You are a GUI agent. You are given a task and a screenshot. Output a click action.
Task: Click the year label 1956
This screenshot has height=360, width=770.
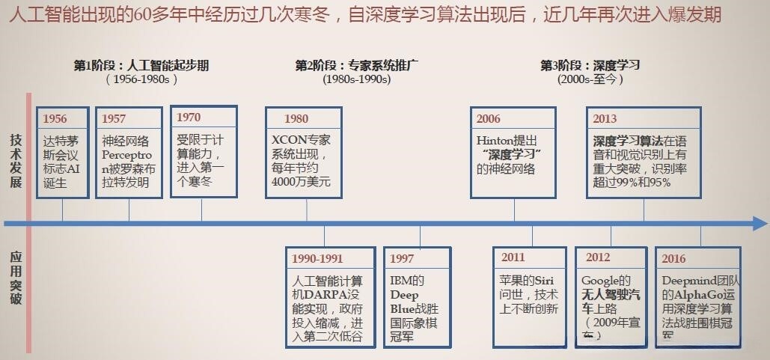[x=55, y=119]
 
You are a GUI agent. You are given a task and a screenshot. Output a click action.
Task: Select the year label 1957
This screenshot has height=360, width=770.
[x=114, y=119]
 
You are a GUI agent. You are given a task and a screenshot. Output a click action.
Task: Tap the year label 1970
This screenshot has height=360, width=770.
[x=189, y=118]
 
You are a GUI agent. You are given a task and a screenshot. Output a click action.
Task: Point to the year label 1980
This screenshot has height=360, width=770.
[x=296, y=119]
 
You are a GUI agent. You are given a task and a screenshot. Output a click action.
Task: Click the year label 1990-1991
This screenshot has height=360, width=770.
[x=317, y=259]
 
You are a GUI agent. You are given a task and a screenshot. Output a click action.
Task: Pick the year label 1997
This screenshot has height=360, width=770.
[x=402, y=259]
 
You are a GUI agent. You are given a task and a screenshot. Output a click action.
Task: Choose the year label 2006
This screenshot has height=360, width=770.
[x=489, y=119]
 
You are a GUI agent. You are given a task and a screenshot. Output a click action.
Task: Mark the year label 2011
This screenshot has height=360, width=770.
[x=513, y=258]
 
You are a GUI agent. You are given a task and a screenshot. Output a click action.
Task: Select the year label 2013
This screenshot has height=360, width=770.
[x=605, y=119]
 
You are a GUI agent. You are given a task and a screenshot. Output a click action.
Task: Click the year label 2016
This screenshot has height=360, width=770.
[x=673, y=259]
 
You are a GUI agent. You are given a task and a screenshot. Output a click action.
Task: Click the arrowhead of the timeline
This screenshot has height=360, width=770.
[x=759, y=223]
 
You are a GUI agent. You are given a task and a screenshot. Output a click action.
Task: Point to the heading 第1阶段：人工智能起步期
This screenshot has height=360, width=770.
[x=141, y=65]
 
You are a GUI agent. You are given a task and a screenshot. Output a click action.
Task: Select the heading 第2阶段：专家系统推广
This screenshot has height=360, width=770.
[x=357, y=65]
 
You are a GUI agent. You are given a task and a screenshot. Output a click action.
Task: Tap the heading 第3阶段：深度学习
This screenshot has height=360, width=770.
[x=590, y=65]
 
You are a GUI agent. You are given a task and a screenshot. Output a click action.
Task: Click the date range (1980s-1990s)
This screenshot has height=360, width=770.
[x=357, y=79]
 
